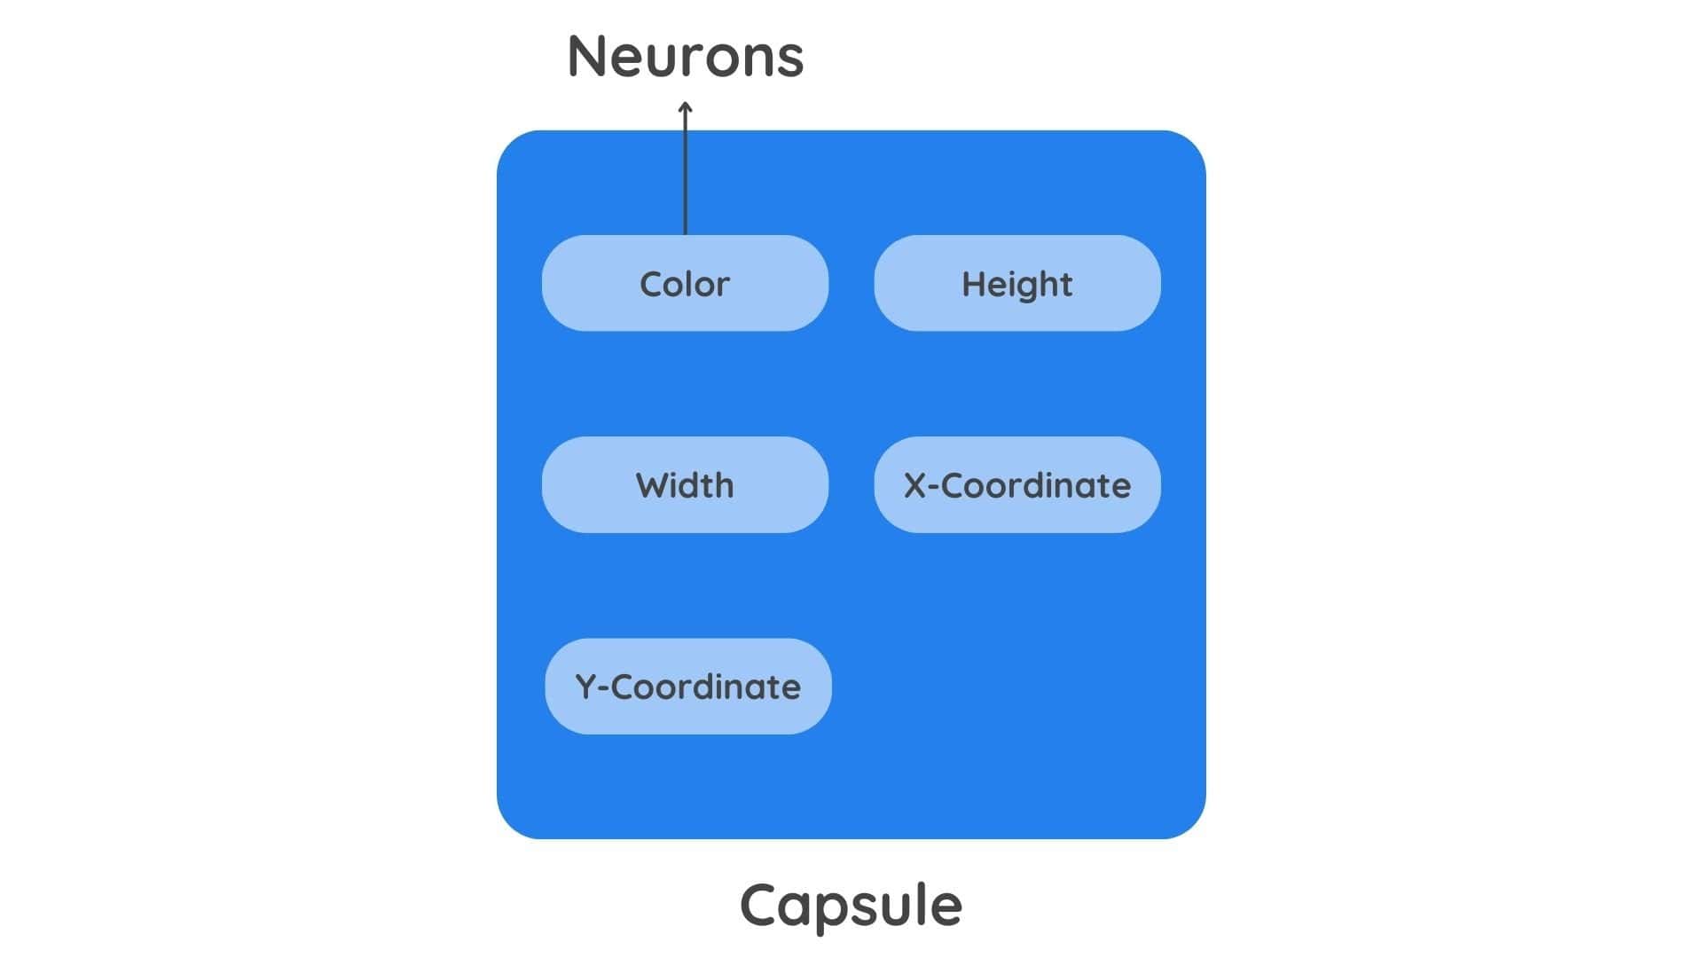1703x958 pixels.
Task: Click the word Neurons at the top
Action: (685, 57)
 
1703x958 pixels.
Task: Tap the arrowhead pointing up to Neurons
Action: (685, 108)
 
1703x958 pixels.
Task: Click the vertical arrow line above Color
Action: (685, 173)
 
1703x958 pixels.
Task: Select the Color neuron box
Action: (685, 284)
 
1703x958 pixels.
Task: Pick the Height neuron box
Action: (1016, 284)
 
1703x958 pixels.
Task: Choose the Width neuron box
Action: (685, 485)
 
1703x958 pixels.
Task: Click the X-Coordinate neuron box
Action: (1016, 485)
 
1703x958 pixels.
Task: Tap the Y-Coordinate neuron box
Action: (687, 687)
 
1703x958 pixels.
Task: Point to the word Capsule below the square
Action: (851, 905)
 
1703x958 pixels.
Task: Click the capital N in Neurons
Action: (587, 57)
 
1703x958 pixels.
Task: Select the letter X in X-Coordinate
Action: (914, 486)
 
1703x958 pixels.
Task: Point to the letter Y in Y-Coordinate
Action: (585, 687)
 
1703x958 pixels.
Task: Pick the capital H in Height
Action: (972, 284)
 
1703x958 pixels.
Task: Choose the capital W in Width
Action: (651, 485)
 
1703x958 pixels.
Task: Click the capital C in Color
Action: (651, 284)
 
